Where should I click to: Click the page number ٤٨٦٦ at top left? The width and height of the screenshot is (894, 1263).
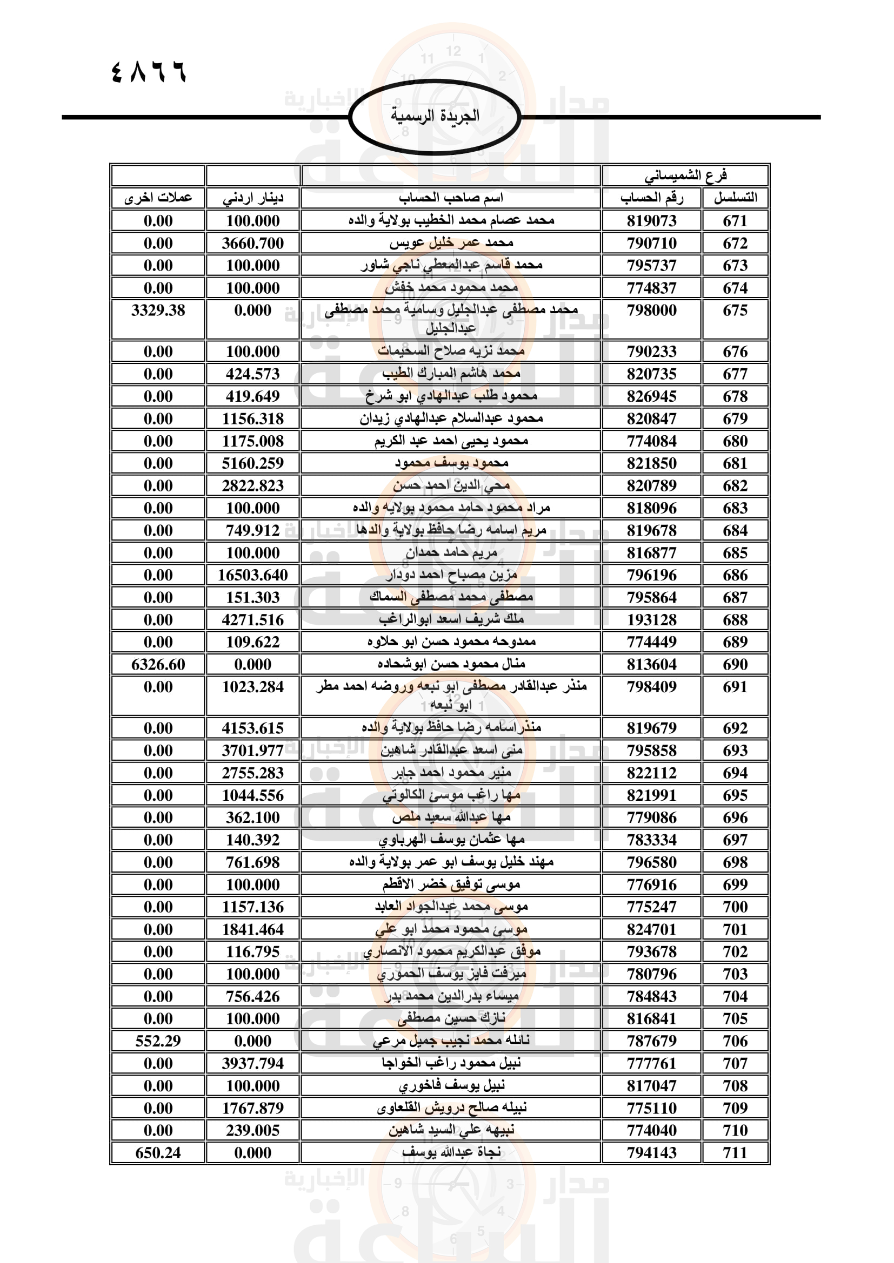click(x=149, y=72)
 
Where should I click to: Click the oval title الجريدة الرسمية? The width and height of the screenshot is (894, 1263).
click(x=435, y=116)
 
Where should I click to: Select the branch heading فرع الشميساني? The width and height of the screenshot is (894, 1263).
click(x=685, y=175)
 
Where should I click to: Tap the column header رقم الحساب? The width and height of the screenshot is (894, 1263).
click(x=652, y=198)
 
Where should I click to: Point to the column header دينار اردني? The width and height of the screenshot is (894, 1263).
click(x=252, y=198)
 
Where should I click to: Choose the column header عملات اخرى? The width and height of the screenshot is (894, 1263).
click(x=158, y=198)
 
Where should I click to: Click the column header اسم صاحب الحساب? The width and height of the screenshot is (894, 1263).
click(x=451, y=198)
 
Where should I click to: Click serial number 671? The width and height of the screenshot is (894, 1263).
click(x=735, y=221)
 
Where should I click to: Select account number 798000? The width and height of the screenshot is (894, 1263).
click(x=652, y=311)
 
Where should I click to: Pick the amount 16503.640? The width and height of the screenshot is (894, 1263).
click(x=252, y=576)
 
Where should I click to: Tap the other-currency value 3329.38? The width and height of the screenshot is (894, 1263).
click(x=158, y=311)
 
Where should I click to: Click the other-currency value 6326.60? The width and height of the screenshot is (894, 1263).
click(x=158, y=665)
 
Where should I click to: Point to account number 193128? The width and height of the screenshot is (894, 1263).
click(x=652, y=620)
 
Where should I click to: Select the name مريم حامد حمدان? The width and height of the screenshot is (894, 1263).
click(x=451, y=553)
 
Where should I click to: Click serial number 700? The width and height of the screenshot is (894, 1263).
click(x=735, y=907)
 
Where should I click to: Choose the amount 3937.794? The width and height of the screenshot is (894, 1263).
click(x=252, y=1063)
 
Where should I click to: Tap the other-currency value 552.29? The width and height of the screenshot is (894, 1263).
click(x=158, y=1041)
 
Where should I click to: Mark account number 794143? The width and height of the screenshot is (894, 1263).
click(x=652, y=1152)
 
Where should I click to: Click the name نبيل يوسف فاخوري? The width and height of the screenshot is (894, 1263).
click(x=451, y=1086)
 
